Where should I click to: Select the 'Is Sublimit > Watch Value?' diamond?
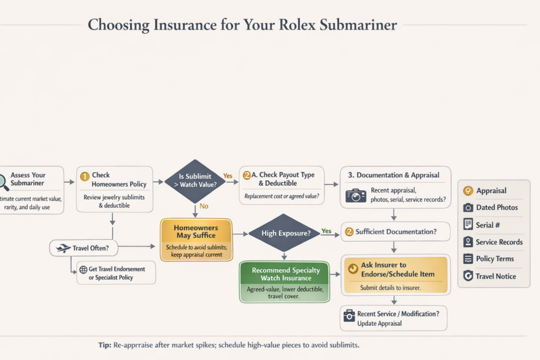(195, 181)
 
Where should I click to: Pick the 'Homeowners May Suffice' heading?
(195, 232)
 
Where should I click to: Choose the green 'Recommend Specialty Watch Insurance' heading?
(285, 274)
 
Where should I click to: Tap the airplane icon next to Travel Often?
(63, 248)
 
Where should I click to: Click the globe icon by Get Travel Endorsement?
(83, 269)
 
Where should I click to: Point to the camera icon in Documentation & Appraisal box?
(355, 196)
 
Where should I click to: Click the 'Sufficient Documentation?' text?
(396, 231)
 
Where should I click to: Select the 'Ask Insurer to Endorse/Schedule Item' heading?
(398, 269)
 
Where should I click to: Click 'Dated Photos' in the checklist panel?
(497, 208)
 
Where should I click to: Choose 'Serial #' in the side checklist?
(488, 225)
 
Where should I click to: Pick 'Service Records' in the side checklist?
(499, 242)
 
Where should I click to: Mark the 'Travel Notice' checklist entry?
(496, 276)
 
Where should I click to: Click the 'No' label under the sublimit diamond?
(204, 207)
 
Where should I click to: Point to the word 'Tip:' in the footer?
(104, 345)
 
